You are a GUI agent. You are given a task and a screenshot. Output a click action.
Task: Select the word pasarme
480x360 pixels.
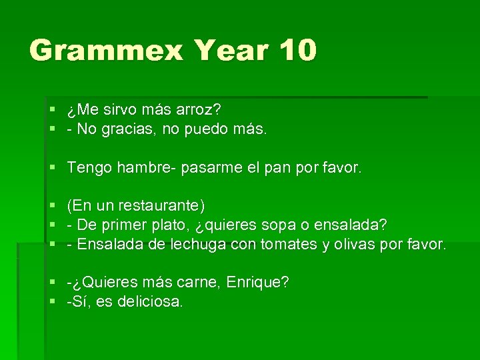pos(203,168)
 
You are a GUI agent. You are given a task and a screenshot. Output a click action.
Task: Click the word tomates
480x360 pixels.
pos(289,245)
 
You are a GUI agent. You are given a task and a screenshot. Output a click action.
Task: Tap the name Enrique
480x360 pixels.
pos(257,283)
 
